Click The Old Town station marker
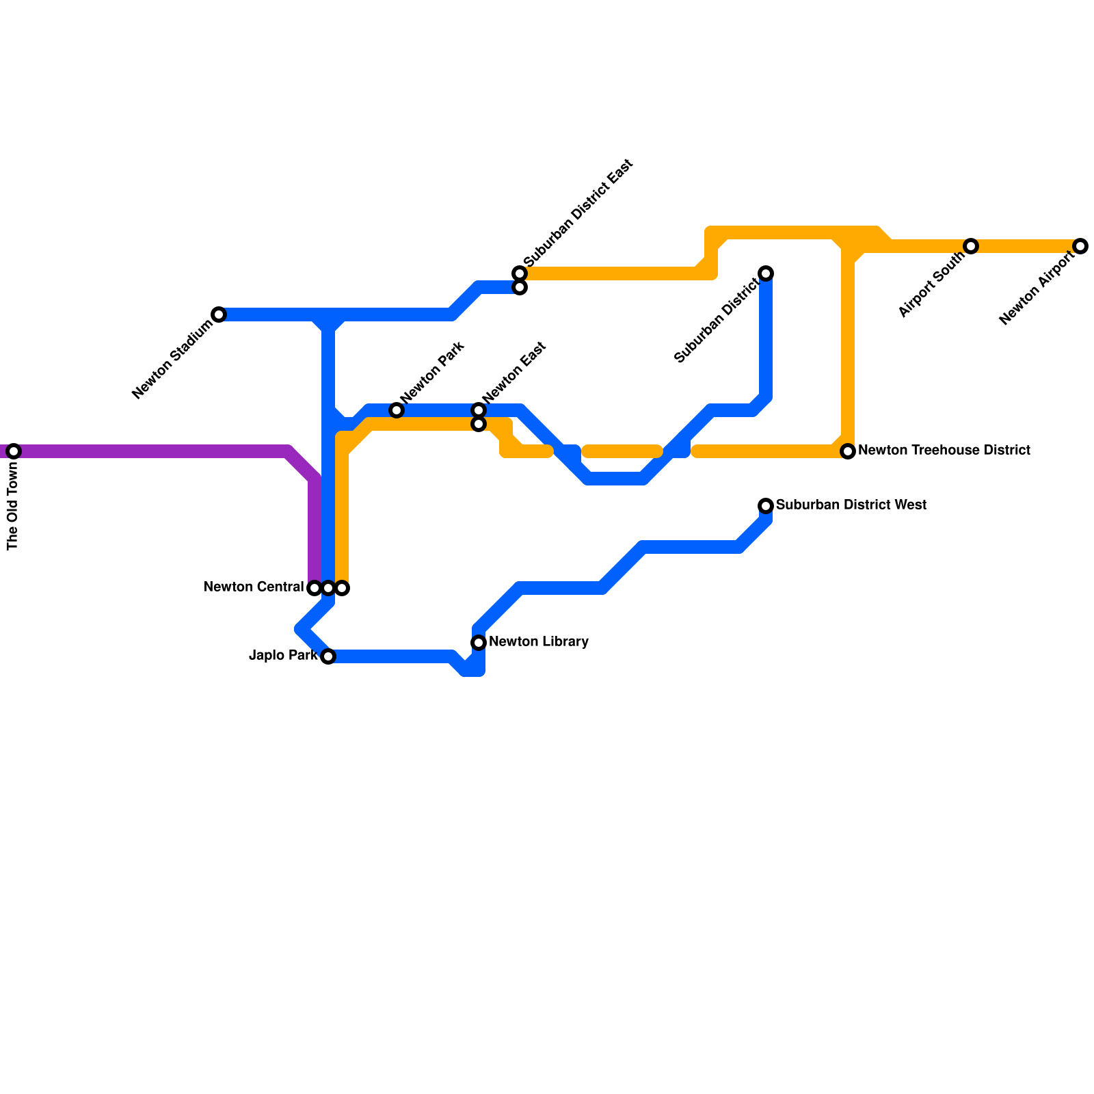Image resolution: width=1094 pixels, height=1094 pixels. [14, 451]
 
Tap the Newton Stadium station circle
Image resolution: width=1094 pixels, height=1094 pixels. [219, 315]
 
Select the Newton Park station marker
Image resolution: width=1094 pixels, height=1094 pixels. [397, 410]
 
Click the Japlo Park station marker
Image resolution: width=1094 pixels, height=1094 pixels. [328, 656]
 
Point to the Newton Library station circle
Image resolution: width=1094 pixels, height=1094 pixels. [479, 643]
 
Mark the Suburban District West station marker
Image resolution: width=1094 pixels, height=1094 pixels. [766, 506]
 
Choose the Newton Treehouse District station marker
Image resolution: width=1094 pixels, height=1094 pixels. [848, 451]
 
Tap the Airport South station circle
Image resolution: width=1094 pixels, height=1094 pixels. [971, 246]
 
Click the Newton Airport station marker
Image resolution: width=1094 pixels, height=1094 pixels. [1080, 246]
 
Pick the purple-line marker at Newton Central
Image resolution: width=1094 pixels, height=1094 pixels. [315, 588]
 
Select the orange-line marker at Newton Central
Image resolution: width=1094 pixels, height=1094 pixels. [343, 588]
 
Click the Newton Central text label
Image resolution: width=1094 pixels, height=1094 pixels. [253, 587]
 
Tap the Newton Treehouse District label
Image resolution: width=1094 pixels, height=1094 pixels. [944, 451]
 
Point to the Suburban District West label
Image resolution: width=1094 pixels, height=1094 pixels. [851, 505]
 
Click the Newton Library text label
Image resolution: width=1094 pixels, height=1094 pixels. [539, 642]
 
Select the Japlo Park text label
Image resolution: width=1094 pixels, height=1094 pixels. [283, 656]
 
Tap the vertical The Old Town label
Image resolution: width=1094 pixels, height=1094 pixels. [13, 506]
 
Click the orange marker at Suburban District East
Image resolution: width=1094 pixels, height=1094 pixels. [520, 273]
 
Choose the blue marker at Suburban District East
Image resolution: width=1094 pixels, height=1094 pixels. [520, 288]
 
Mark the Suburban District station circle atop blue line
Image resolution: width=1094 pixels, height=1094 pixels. [766, 273]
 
